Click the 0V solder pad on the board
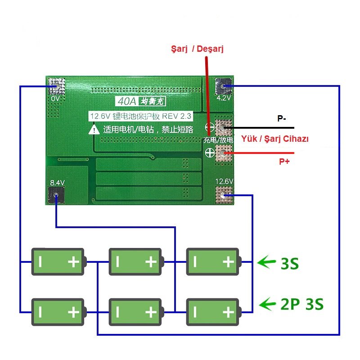[56, 86]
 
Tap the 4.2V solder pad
[223, 86]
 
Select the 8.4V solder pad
[56, 195]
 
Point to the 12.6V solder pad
[224, 195]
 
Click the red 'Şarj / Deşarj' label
[197, 49]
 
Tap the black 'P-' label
[282, 118]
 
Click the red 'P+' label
[284, 162]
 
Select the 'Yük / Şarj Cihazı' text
[275, 139]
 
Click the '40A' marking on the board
[127, 101]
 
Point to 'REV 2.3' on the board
[176, 116]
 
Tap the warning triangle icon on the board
[94, 130]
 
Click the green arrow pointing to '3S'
[266, 262]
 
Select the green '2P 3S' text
[302, 304]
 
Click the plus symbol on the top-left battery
[74, 262]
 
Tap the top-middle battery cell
[136, 262]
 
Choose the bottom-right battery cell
[214, 312]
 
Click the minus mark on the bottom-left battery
[40, 312]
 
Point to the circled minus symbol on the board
[210, 127]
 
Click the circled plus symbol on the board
[210, 153]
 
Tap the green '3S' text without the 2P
[290, 264]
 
